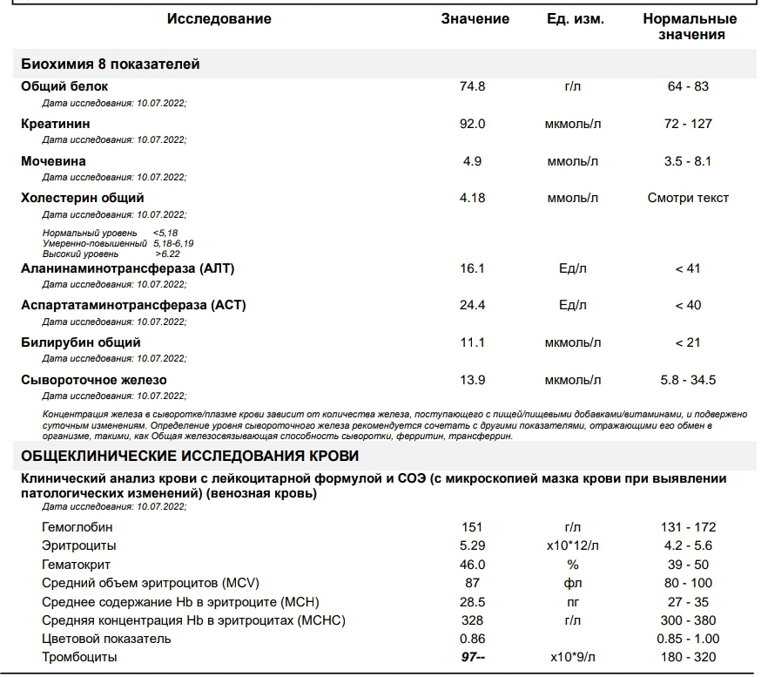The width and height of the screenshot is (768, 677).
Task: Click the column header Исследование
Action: point(219,19)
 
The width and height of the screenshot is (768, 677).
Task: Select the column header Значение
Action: point(475,19)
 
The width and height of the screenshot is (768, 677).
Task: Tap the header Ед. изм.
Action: point(575,19)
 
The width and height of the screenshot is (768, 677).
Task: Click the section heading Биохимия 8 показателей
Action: point(111,64)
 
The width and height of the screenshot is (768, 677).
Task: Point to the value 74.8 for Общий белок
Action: point(472,86)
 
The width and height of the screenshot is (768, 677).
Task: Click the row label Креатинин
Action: point(56,124)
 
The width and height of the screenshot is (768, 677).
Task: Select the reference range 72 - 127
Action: point(688,124)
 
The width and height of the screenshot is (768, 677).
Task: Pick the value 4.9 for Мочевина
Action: point(472,161)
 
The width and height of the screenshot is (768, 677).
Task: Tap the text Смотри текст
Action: point(688,198)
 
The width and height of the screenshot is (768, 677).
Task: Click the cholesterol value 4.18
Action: point(472,198)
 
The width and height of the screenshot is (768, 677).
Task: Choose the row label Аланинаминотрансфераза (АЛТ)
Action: point(127,268)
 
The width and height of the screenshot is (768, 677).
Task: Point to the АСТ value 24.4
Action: point(472,305)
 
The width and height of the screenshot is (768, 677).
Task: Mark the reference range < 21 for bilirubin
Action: point(688,342)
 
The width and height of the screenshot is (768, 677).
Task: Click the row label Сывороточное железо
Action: point(94,380)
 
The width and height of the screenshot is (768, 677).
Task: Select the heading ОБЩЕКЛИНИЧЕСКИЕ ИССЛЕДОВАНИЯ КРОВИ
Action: point(189,457)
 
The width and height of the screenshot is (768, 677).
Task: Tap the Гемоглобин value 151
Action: point(472,527)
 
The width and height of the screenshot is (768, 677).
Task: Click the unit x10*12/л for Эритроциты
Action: point(573,545)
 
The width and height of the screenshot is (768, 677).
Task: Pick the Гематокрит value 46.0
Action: point(472,565)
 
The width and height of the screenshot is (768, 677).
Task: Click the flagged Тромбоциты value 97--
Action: point(473,657)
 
